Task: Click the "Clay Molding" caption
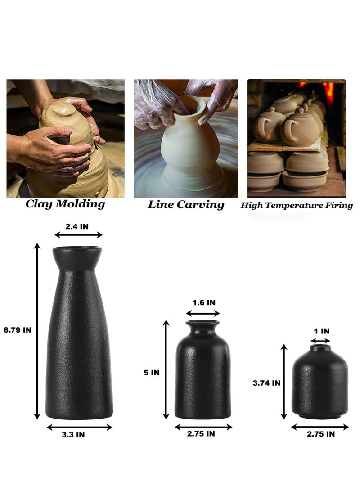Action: pyautogui.click(x=65, y=204)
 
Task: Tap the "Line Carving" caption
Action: pyautogui.click(x=186, y=205)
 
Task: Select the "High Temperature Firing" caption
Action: pyautogui.click(x=297, y=206)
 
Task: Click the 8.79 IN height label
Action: pyautogui.click(x=17, y=330)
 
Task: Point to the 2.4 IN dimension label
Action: pyautogui.click(x=77, y=226)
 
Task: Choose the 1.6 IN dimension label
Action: pyautogui.click(x=203, y=303)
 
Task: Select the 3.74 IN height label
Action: pyautogui.click(x=266, y=383)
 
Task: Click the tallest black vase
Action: pyautogui.click(x=79, y=342)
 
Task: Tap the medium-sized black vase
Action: pyautogui.click(x=203, y=374)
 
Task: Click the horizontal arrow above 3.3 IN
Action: pyautogui.click(x=79, y=427)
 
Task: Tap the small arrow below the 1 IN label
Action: pyautogui.click(x=320, y=341)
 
